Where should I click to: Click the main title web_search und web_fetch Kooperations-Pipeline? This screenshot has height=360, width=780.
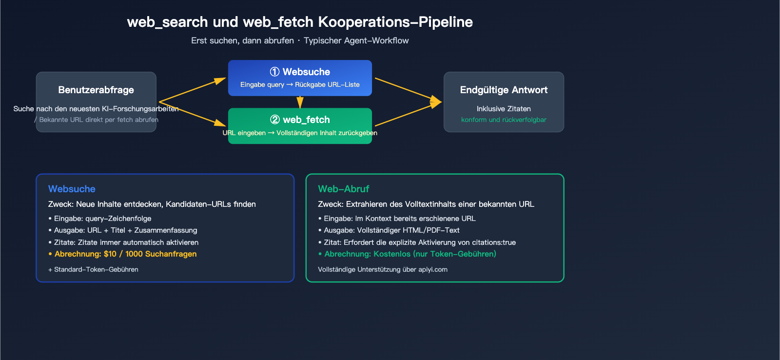300,22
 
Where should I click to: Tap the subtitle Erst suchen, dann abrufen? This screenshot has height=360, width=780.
242,40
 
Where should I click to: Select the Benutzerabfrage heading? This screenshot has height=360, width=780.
96,90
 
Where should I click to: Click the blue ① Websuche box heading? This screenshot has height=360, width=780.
300,72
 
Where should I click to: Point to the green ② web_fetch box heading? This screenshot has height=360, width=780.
300,120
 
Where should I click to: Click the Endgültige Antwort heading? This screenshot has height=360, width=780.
504,90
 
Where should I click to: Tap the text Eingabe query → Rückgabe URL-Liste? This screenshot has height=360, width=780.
300,84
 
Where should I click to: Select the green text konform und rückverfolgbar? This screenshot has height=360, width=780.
504,120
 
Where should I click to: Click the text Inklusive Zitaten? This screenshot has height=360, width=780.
504,109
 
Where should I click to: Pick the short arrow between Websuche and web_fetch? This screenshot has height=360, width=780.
300,102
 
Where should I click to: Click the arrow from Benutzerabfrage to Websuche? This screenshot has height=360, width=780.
193,90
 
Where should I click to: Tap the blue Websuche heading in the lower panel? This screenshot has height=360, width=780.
72,189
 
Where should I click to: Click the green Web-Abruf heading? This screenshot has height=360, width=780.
343,189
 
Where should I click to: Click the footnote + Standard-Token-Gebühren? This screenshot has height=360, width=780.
93,269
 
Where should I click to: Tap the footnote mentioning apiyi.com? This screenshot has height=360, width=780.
383,269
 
